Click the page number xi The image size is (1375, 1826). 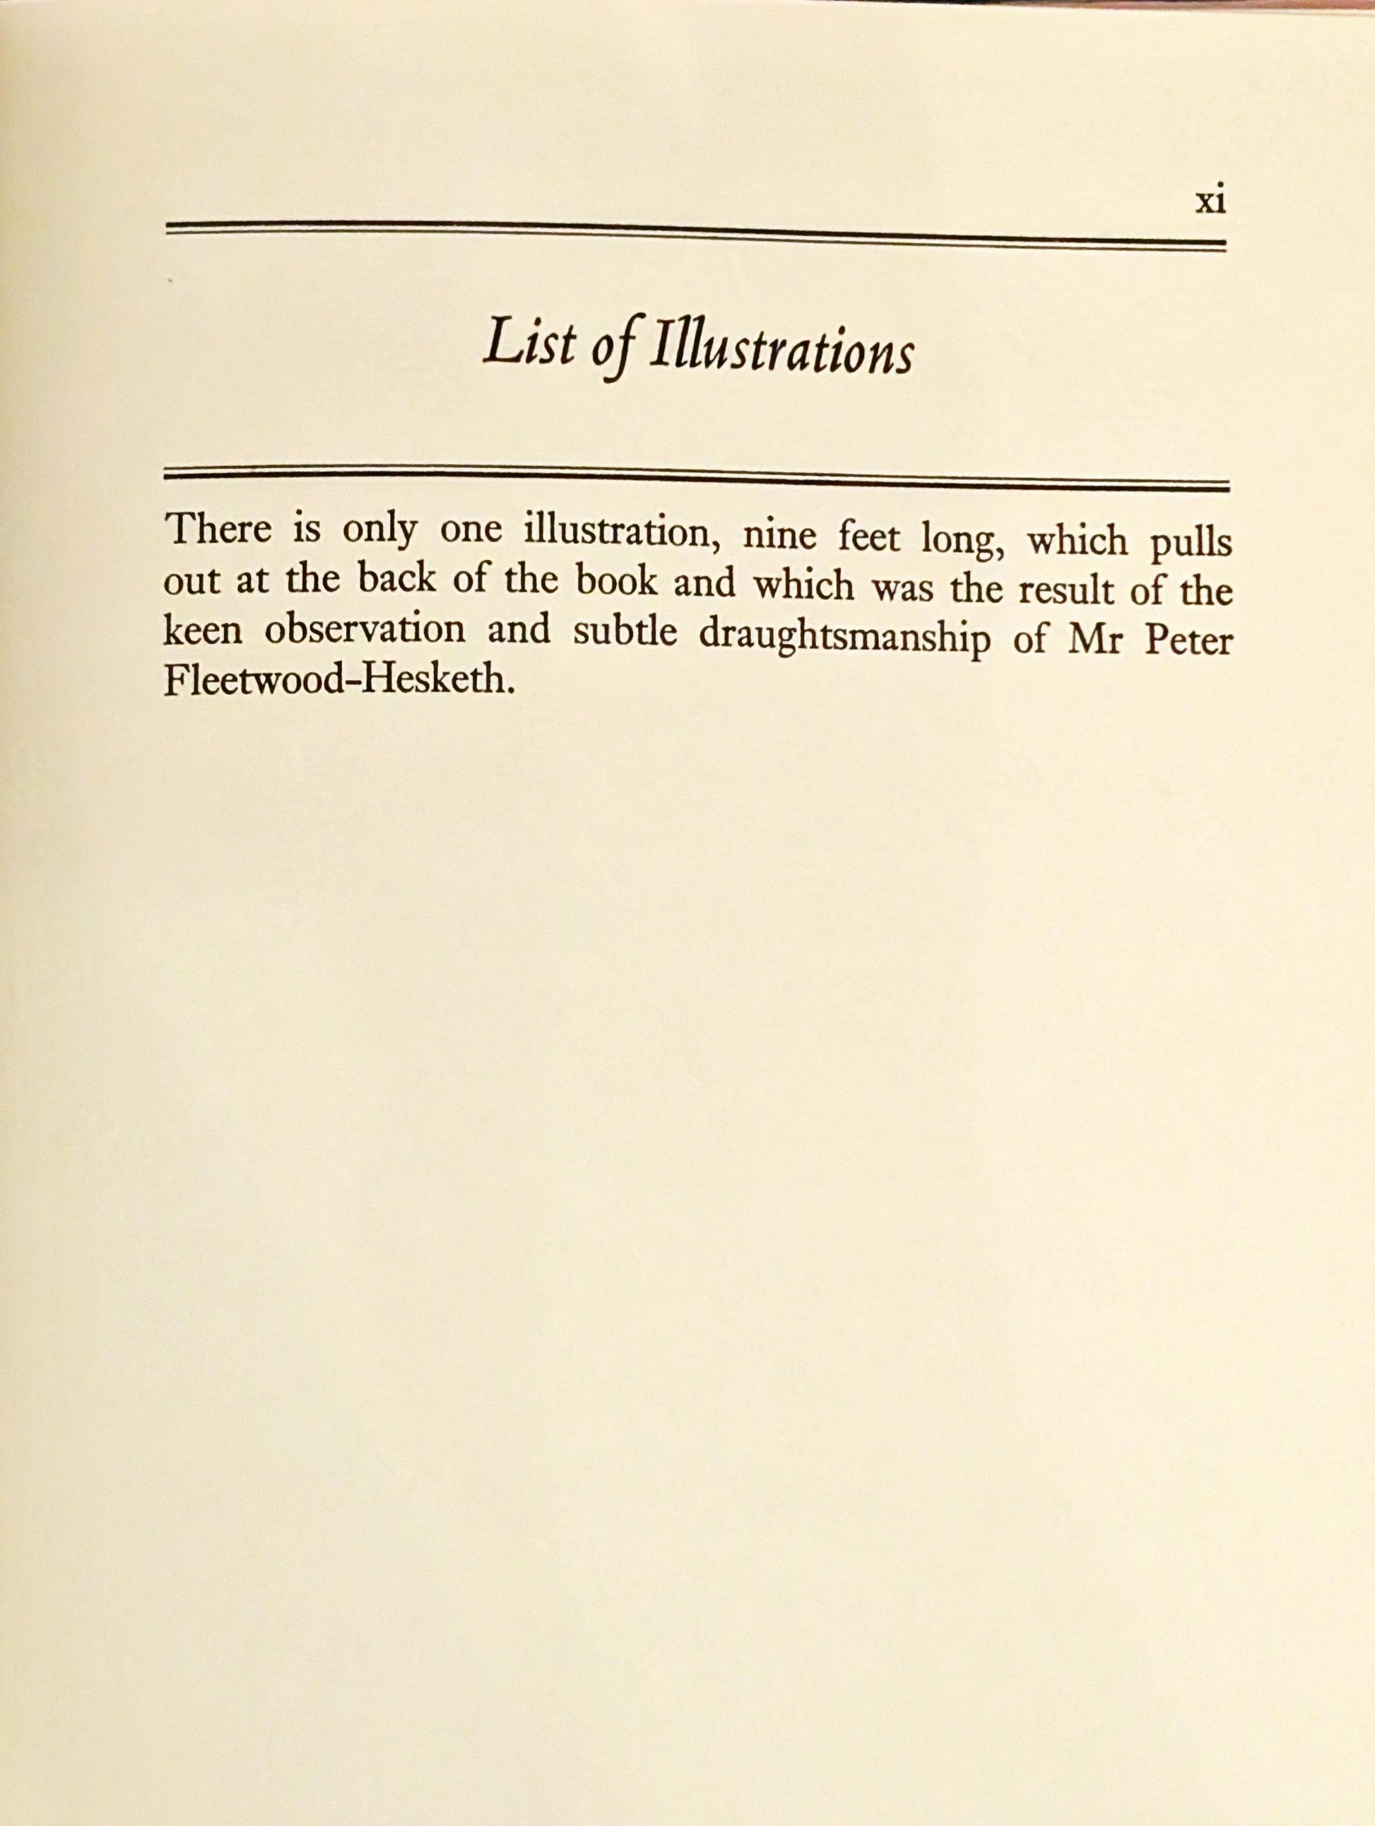pos(1210,201)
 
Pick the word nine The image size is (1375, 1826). pos(781,537)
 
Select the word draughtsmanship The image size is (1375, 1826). pos(844,639)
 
